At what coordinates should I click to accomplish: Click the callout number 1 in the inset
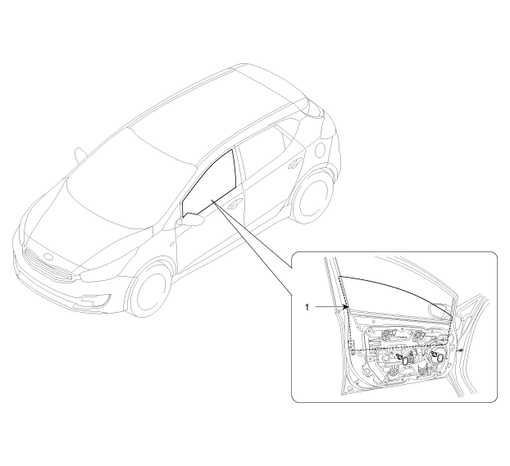tap(307, 307)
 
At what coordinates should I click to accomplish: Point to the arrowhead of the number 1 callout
tap(346, 306)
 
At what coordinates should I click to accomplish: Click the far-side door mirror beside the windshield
tap(80, 155)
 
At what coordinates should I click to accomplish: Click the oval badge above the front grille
tap(48, 256)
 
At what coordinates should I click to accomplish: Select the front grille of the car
tap(49, 265)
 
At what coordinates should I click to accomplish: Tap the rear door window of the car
tap(260, 152)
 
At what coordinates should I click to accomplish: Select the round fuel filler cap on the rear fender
tap(321, 151)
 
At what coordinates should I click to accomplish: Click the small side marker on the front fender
tap(171, 243)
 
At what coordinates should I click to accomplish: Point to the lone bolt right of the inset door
tap(461, 350)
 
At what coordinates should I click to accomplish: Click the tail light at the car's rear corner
tap(315, 108)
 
